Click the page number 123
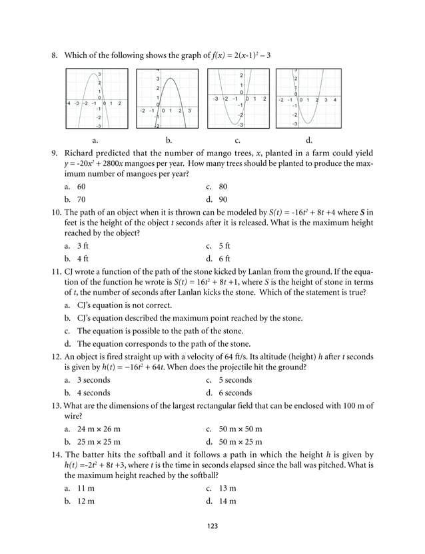(212, 526)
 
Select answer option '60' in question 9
(81, 187)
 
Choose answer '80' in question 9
(222, 187)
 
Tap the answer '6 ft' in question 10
(223, 258)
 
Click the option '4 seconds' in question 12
(93, 393)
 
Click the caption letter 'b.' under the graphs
(169, 140)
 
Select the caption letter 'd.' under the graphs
(308, 140)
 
